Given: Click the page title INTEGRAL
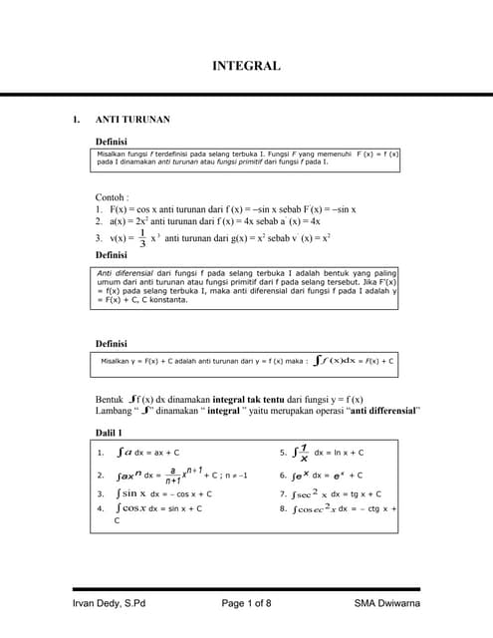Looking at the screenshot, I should tap(246, 67).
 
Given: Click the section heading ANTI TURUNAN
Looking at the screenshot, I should tap(131, 120).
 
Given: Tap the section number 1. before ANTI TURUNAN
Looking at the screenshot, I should tap(76, 120).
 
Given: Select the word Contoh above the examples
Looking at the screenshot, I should tap(112, 197).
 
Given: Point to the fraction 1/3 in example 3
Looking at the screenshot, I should tap(142, 239).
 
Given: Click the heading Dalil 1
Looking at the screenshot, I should tap(109, 433).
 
